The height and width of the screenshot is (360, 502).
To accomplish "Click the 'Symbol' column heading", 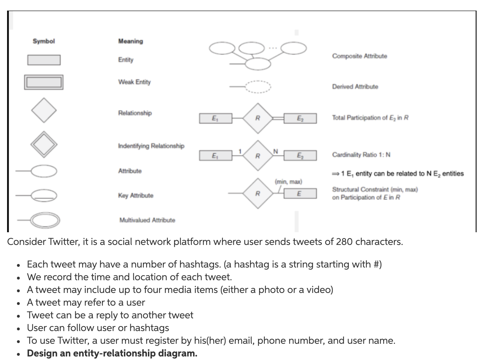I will coord(44,41).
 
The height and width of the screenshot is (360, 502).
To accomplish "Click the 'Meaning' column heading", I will coord(131,41).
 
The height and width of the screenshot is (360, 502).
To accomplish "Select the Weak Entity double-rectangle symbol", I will coord(44,82).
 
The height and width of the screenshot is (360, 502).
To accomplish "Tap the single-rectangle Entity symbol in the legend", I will coord(44,60).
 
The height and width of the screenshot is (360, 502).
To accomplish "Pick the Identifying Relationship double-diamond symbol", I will coord(44,144).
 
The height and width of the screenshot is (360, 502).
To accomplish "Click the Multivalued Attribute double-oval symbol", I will coord(45,220).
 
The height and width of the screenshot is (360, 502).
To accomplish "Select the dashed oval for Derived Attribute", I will coord(258,86).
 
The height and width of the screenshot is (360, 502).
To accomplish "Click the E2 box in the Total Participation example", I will coord(300,118).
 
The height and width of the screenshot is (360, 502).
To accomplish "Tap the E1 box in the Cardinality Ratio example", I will coord(215,155).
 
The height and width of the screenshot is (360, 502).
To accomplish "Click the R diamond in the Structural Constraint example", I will coord(258,193).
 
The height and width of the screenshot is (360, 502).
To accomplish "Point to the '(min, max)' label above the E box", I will coord(288,182).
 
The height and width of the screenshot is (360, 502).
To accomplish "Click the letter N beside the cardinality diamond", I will coord(276,151).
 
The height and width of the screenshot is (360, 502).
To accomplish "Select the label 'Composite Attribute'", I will coord(359,56).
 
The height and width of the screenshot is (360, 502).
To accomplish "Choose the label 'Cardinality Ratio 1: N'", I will coord(361,155).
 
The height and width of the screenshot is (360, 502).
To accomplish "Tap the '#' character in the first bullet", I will coord(375,264).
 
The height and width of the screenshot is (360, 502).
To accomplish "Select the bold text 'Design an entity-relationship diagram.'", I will coord(112,353).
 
